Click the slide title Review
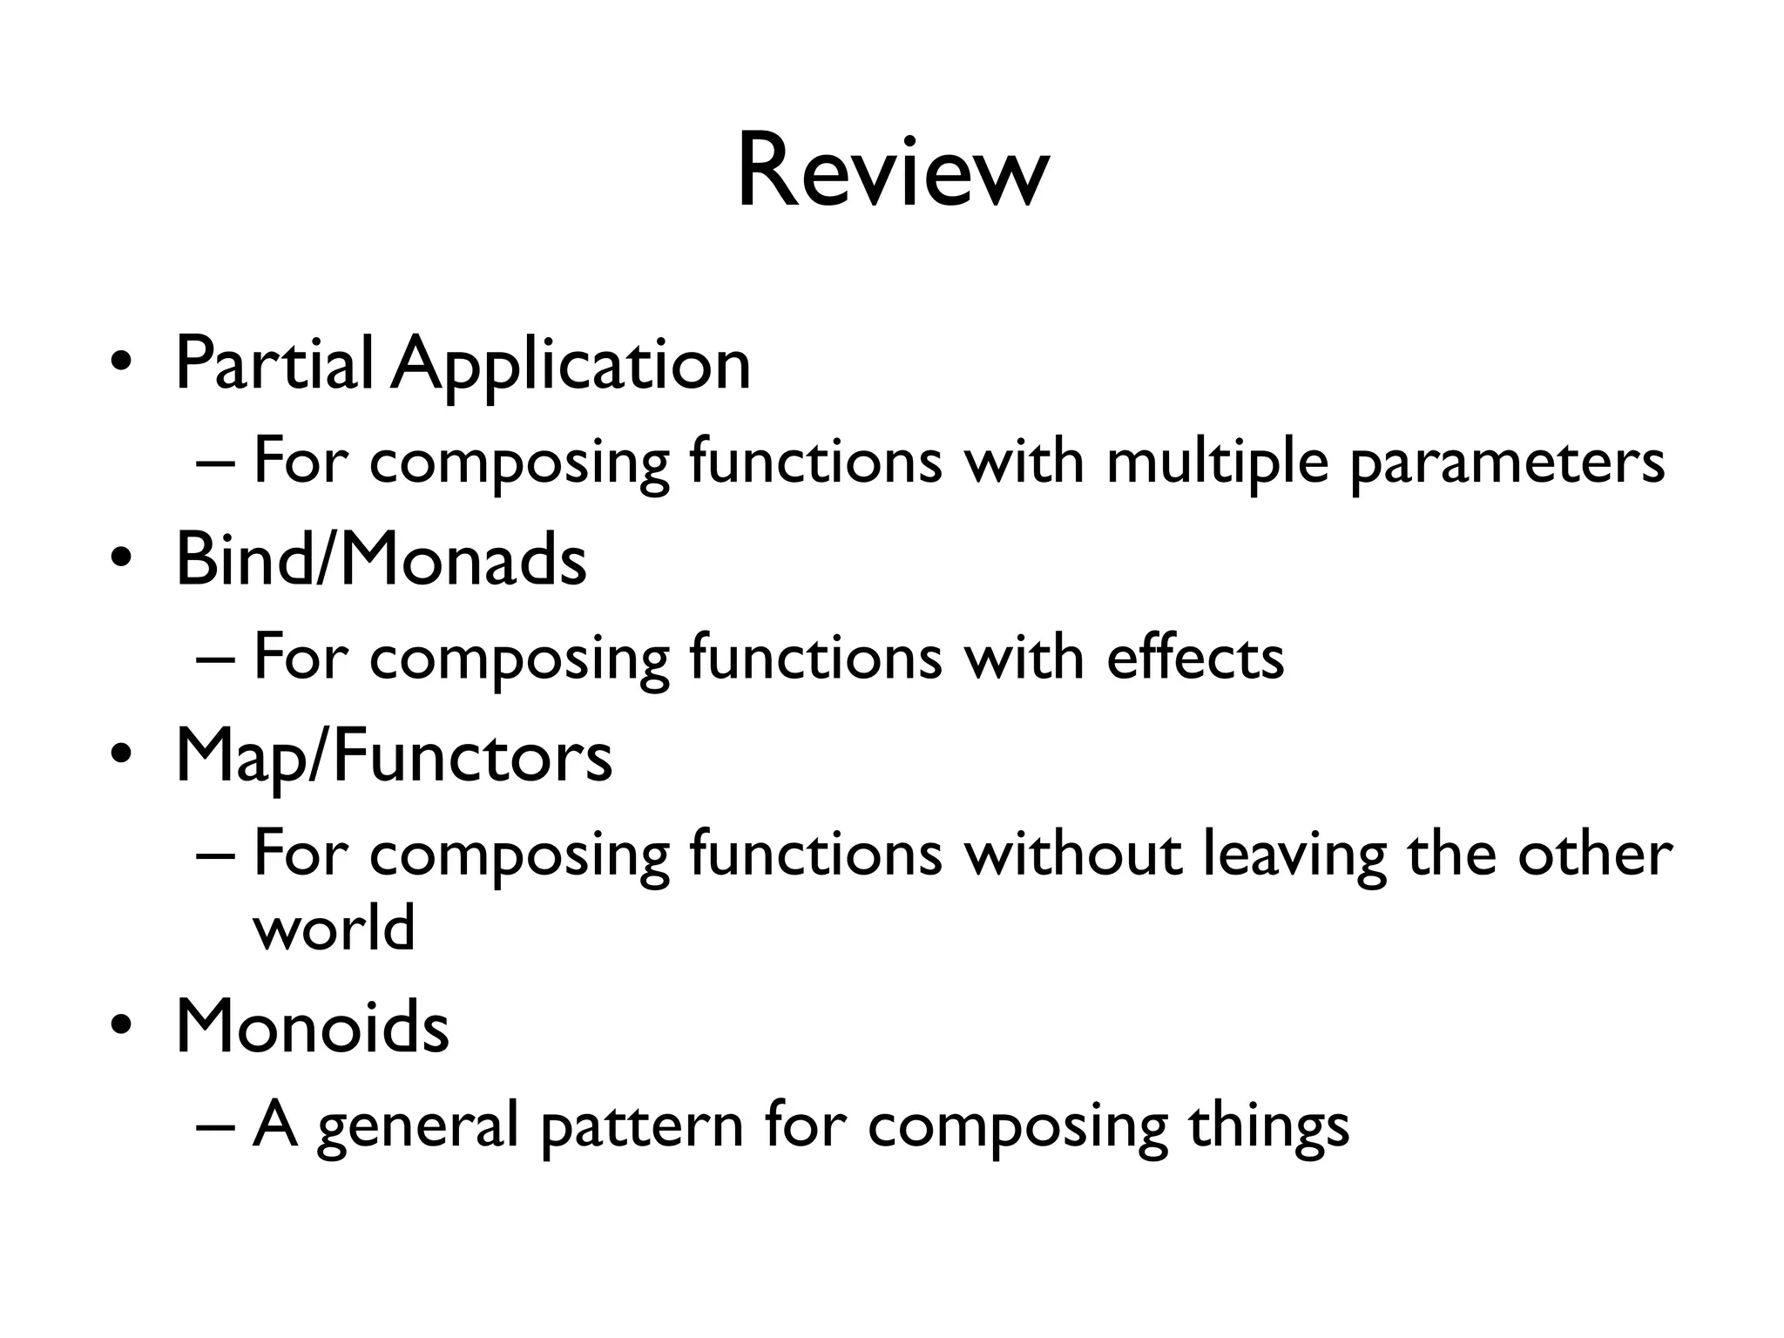coord(892,172)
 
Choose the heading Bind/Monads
coord(381,560)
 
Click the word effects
coord(1194,657)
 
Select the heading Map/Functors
coord(394,757)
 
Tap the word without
coord(1072,854)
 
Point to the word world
coord(334,927)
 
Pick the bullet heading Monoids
coord(312,1027)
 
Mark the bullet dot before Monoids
coord(121,1025)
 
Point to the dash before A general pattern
coord(215,1125)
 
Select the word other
coord(1593,854)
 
